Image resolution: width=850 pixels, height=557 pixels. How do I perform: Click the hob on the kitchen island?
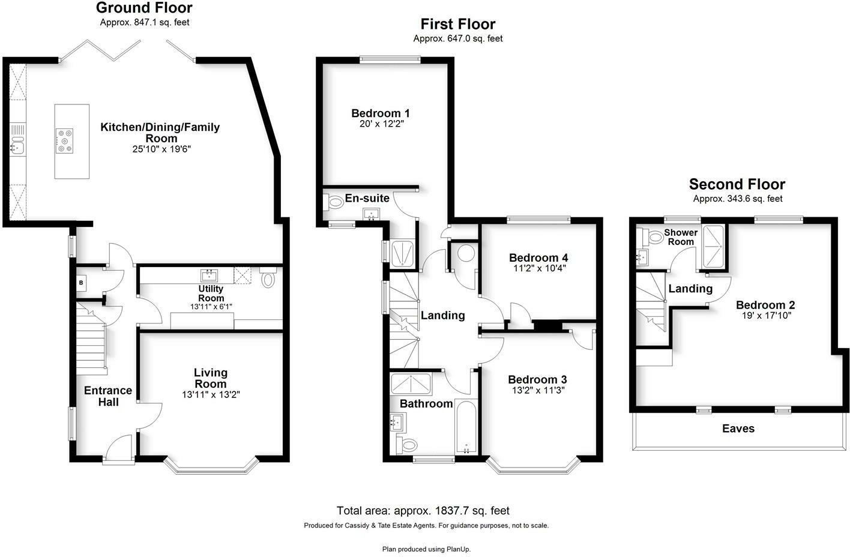pos(64,140)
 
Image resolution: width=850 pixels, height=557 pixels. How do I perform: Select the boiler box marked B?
pos(80,282)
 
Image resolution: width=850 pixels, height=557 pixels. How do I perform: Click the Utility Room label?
pos(211,294)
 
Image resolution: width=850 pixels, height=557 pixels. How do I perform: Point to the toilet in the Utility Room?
pos(268,278)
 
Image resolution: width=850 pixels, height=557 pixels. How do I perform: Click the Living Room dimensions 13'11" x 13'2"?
pos(211,394)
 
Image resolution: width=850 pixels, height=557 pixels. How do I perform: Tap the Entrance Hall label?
pos(108,396)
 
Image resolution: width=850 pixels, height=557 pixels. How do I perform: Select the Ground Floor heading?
pos(144,8)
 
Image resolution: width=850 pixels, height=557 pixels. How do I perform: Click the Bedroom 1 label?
pos(381,113)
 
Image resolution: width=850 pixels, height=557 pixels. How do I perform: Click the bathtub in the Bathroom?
pos(466,426)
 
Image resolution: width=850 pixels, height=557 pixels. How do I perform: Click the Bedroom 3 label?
pos(537,379)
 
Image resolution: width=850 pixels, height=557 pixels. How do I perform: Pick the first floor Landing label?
pos(443,315)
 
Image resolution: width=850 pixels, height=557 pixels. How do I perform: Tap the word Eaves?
pos(738,429)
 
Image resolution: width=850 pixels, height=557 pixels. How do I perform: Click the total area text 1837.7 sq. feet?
pos(423,511)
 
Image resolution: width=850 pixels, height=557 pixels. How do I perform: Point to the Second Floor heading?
pos(737,184)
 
